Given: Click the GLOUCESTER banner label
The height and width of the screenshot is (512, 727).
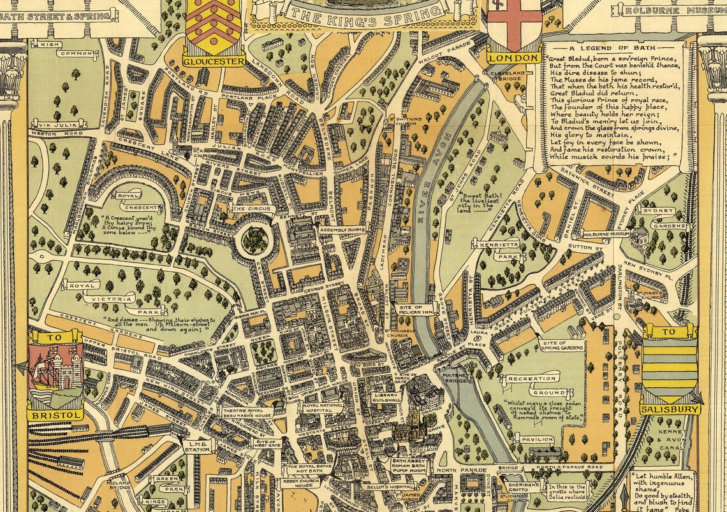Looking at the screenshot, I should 214,62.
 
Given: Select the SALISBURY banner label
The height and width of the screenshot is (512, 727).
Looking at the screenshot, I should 670,409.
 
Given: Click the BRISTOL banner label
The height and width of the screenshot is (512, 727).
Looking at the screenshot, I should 55,415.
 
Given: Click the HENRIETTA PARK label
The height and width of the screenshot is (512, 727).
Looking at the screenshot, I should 498,245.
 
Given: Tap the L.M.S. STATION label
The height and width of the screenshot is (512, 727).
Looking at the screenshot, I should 197,446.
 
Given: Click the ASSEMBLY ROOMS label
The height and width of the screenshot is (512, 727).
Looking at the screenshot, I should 342,229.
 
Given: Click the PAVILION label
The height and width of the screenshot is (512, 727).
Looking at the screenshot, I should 536,439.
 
